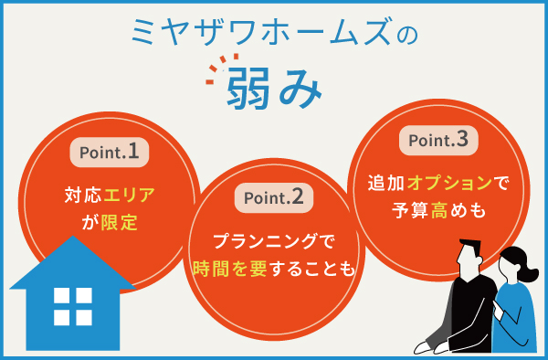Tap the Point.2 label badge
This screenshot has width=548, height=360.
click(x=274, y=196)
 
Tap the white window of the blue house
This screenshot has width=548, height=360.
click(x=72, y=306)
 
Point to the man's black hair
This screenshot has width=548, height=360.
click(x=469, y=249)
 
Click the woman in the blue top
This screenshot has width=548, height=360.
click(x=514, y=306)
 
